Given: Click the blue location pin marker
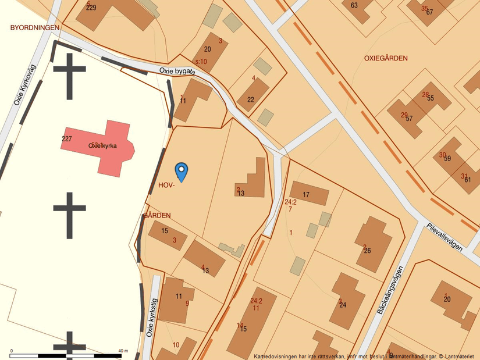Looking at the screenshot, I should [x=182, y=171].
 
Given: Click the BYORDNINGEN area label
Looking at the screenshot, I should [x=35, y=27].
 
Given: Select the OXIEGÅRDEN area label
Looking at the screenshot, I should [x=386, y=58].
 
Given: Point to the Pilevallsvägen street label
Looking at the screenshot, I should [x=445, y=237].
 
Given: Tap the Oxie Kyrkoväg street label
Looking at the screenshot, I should [x=25, y=85].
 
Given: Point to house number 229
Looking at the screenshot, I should [x=91, y=8].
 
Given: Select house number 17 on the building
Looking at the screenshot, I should [x=306, y=194].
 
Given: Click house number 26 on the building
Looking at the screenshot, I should [x=367, y=251].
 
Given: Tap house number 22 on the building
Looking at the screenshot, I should [x=251, y=99].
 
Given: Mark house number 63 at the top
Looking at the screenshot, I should [x=354, y=5].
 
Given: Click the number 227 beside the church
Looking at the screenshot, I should [x=66, y=138].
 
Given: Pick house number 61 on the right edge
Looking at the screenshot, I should [x=467, y=180].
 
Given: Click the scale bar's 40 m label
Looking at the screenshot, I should [x=122, y=351].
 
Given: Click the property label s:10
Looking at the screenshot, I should [x=201, y=61].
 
